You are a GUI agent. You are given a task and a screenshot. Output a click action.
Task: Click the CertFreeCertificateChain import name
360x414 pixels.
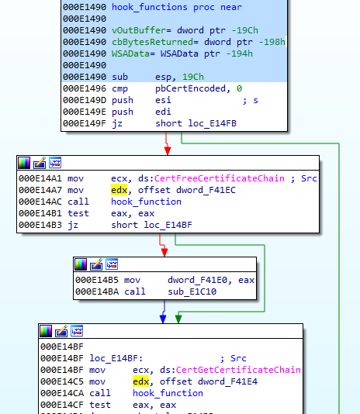coord(219,178)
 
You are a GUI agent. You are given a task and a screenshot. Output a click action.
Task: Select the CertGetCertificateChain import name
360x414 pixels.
coord(238,370)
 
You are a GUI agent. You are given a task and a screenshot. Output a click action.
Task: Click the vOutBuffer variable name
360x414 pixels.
coord(140,30)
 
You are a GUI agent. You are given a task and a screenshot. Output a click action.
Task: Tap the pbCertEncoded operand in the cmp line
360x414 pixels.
coord(190,88)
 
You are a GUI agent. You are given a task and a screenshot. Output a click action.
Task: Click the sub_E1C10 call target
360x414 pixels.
coord(192,292)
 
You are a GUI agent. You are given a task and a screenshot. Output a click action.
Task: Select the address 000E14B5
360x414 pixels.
coord(97,280)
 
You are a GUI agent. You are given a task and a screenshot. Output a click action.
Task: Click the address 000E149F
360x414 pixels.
coord(85,123)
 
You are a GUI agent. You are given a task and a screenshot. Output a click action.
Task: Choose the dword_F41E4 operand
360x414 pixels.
coord(227,381)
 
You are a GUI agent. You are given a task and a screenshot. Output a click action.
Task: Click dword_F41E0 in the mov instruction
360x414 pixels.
coord(197,280)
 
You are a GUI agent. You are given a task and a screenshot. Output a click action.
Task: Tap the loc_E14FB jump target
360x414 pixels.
coord(212,123)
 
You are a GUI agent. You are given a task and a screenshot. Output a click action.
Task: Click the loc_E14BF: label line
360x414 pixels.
coord(116,358)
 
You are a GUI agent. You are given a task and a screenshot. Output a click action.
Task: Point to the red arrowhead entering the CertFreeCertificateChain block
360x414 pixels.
coord(168,151)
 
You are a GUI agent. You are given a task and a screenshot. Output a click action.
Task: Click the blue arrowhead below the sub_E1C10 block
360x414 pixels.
coord(163,319)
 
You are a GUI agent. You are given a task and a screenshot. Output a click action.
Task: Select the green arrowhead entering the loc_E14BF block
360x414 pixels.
coord(178,319)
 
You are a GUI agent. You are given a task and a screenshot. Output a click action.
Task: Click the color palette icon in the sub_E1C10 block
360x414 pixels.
coord(81,264)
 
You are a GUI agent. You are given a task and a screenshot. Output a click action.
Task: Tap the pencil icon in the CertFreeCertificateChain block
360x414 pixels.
coord(40,163)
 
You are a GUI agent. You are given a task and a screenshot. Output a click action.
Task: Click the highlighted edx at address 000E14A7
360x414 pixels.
coord(119,190)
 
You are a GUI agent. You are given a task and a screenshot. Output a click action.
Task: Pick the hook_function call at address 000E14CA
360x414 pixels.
coord(168,393)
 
